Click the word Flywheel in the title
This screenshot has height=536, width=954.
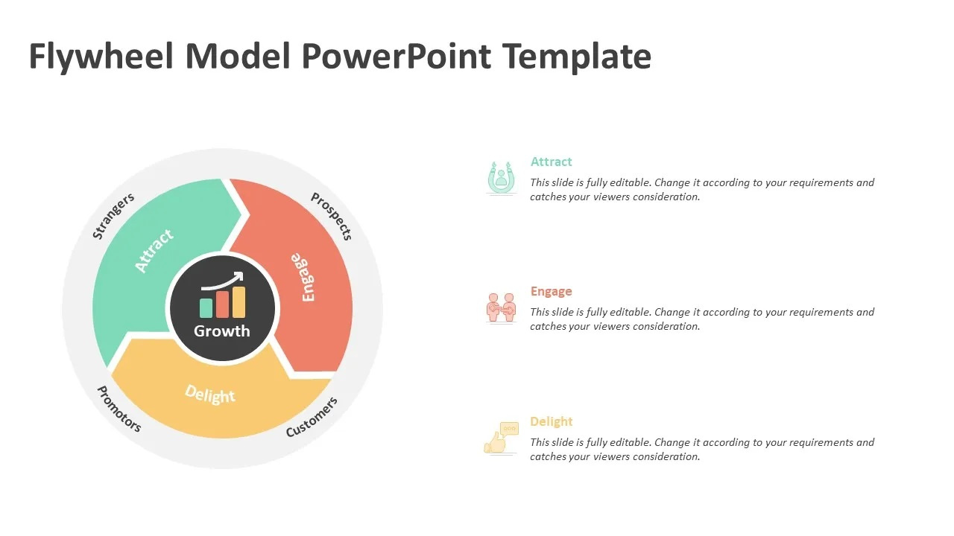coord(101,57)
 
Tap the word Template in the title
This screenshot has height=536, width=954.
coord(577,57)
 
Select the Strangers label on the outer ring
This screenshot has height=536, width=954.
coord(113,216)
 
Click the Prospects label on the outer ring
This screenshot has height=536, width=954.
coord(332,216)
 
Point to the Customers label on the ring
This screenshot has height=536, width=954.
coord(312,418)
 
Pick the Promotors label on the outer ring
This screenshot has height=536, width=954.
coord(119,409)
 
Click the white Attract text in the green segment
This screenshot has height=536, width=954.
coord(154,251)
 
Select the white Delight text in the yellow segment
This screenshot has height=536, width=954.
coord(210,394)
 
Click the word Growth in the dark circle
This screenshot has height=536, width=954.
coord(222,331)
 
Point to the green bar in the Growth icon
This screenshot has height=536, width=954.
coord(206,307)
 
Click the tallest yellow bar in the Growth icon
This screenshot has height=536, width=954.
coord(238,302)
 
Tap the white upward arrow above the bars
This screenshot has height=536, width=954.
coord(222,281)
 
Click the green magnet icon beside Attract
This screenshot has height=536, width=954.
coord(502,177)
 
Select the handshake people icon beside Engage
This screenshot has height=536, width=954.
coord(502,308)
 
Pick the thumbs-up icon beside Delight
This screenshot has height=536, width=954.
coord(502,438)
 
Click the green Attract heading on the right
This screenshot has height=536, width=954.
coord(551,162)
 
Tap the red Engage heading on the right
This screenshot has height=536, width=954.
coord(551,291)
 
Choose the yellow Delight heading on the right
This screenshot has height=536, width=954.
coord(551,421)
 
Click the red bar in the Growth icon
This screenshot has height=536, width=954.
coord(222,304)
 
